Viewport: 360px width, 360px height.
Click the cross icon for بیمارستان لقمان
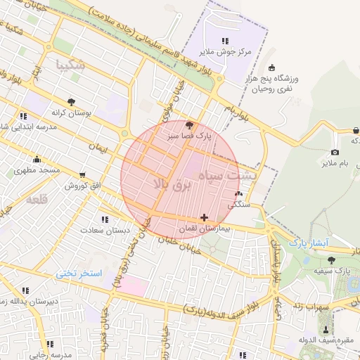click(x=204, y=217)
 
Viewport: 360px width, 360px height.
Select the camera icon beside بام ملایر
click(x=335, y=153)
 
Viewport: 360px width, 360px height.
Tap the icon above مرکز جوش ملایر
click(x=224, y=41)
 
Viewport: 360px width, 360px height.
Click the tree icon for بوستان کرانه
click(x=70, y=102)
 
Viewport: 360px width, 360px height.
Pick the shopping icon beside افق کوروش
click(x=84, y=175)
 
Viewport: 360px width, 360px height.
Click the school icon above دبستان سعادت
click(x=105, y=219)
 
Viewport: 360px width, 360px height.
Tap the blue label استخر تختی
click(x=79, y=273)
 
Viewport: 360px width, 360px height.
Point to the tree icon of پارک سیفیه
click(x=331, y=259)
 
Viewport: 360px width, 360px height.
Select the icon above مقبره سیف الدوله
click(x=325, y=329)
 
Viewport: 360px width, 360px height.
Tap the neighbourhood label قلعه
click(x=37, y=200)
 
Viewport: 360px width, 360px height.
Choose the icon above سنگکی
click(x=239, y=194)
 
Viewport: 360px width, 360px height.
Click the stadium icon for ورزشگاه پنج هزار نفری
click(x=271, y=68)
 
